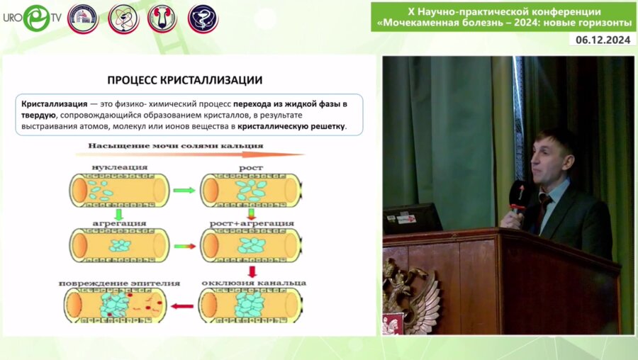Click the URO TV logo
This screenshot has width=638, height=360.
click(31, 18)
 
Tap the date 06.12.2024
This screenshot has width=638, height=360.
click(602, 40)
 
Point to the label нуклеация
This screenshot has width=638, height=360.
click(119, 167)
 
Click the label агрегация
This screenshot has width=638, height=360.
click(119, 223)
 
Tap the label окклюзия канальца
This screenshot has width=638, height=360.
click(254, 282)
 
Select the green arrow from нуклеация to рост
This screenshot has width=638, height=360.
click(184, 191)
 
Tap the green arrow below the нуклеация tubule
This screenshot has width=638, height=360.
click(119, 213)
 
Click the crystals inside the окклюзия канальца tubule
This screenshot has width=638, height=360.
click(249, 305)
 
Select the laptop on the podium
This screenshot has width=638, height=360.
click(413, 219)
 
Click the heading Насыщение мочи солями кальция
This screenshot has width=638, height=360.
click(175, 146)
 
